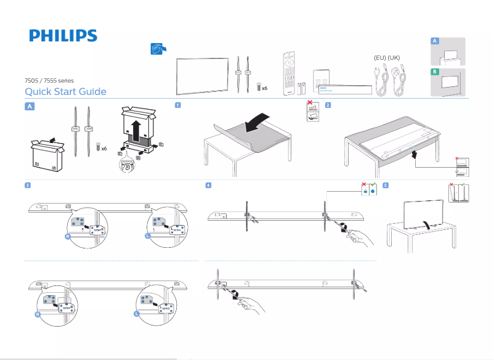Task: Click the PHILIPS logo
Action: pyautogui.click(x=63, y=36)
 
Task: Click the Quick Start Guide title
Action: pyautogui.click(x=65, y=92)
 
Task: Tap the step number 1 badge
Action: pyautogui.click(x=177, y=105)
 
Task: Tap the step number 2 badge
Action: pyautogui.click(x=328, y=105)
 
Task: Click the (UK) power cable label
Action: pyautogui.click(x=395, y=57)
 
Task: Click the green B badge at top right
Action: pyautogui.click(x=435, y=72)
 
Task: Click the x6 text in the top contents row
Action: pyautogui.click(x=265, y=88)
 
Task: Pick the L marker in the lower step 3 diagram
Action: pyautogui.click(x=136, y=314)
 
